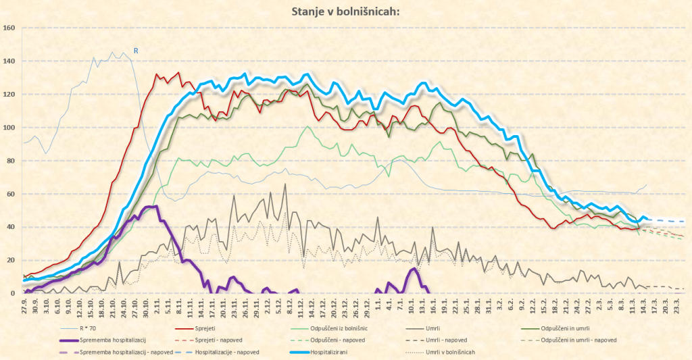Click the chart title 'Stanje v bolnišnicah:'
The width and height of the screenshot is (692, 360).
click(x=345, y=11)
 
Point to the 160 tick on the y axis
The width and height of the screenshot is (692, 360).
click(x=9, y=28)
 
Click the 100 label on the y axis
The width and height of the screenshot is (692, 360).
click(x=9, y=128)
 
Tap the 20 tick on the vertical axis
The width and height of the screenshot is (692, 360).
click(x=11, y=260)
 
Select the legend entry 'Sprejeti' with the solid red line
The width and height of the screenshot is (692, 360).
click(x=214, y=328)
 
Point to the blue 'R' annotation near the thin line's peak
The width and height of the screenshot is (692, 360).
click(x=135, y=51)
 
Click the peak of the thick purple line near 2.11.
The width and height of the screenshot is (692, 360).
click(x=155, y=207)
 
